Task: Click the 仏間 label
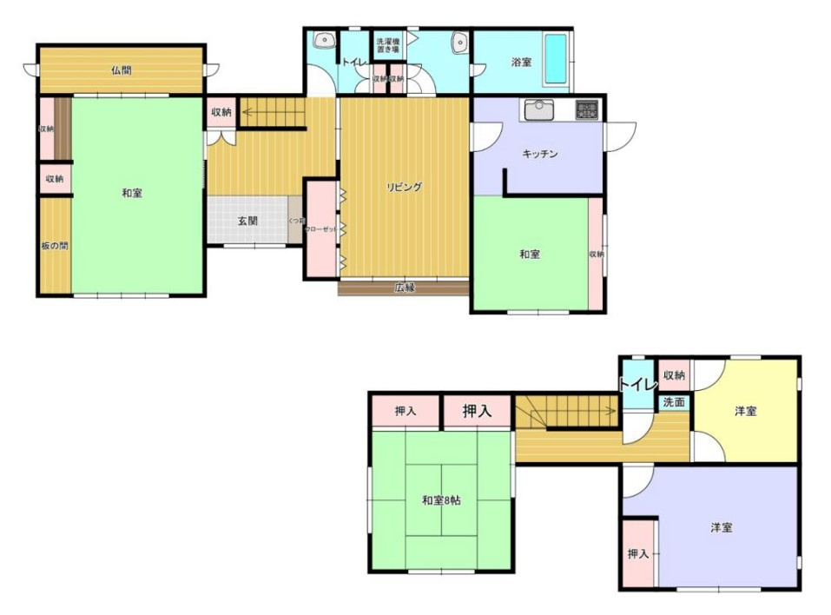click(121, 70)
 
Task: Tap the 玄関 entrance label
click(247, 221)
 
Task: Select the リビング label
click(405, 186)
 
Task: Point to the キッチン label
click(539, 154)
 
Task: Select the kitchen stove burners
click(587, 109)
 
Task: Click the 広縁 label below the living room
click(405, 288)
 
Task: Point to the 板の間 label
click(54, 246)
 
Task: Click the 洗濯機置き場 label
click(386, 46)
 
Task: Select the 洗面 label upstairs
click(674, 403)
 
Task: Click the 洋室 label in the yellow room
click(745, 411)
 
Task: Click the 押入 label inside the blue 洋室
click(638, 553)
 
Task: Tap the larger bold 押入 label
click(477, 411)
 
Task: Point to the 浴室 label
click(521, 63)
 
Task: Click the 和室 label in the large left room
click(132, 193)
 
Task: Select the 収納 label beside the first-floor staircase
click(221, 112)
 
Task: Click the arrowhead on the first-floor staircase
click(244, 111)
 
